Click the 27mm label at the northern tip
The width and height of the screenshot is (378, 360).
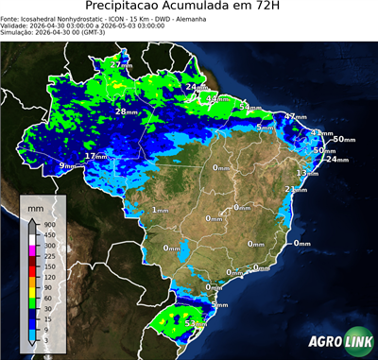point(121,64)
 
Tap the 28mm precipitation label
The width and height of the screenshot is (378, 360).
point(127,111)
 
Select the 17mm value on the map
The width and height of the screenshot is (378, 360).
point(96,156)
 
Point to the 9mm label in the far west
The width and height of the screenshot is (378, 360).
point(67,166)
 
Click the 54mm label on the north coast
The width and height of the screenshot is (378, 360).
point(249,108)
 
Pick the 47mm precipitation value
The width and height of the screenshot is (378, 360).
point(297,117)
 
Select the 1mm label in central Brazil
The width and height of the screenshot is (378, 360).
point(160,210)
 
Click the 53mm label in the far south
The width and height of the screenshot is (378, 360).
point(196,324)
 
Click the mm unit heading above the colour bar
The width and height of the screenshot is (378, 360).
point(35,206)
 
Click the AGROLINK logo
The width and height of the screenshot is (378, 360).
point(337,341)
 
